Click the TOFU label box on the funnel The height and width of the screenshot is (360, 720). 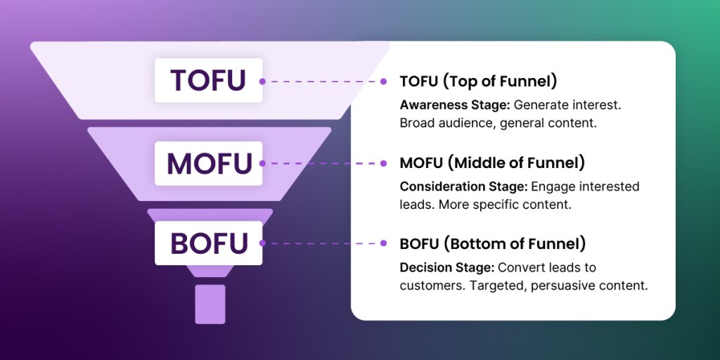[x=208, y=80]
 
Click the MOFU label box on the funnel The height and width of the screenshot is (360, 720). [x=208, y=162]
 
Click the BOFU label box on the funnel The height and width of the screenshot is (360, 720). [x=208, y=243]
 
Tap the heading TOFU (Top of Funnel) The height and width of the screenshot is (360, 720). [x=478, y=81]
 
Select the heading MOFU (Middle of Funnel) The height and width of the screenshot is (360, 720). [x=492, y=163]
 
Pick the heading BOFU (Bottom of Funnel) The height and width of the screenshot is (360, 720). [x=493, y=244]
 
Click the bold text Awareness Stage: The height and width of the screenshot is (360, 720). [x=455, y=105]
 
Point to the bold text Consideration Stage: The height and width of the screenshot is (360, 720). [x=463, y=186]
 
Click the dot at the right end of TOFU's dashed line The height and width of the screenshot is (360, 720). [x=383, y=81]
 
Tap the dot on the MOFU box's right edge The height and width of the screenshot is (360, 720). [x=262, y=162]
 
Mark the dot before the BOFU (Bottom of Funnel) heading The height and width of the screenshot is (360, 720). [x=383, y=243]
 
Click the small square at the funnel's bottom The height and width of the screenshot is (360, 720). [x=210, y=304]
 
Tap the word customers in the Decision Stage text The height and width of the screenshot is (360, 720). [x=429, y=286]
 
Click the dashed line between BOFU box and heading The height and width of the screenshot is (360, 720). [x=323, y=243]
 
